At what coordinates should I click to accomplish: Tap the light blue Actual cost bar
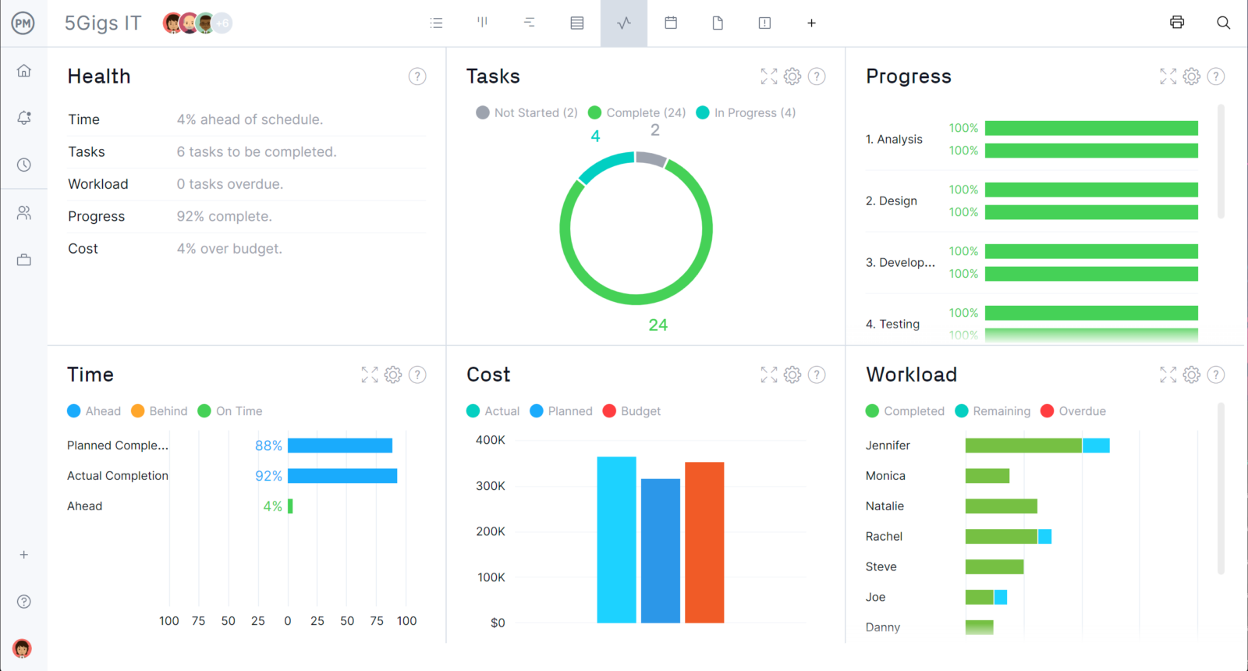[x=616, y=539]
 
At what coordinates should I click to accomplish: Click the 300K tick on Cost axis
[x=491, y=485]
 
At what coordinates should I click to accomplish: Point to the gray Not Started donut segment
[x=651, y=158]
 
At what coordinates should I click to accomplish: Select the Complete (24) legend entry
[x=637, y=112]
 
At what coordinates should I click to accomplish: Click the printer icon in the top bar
[x=1177, y=23]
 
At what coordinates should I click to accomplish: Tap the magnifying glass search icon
[x=1223, y=23]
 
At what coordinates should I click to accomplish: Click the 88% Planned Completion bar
[x=340, y=446]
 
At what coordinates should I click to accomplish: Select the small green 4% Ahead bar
[x=290, y=506]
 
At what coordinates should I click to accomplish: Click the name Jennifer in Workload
[x=888, y=446]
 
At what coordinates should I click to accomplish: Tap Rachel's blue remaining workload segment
[x=1044, y=537]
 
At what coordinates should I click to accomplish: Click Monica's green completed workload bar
[x=987, y=476]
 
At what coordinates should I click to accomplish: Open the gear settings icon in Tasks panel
[x=792, y=76]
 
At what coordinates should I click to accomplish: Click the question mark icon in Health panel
[x=417, y=76]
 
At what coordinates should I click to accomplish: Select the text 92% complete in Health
[x=224, y=216]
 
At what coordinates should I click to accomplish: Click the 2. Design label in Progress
[x=891, y=201]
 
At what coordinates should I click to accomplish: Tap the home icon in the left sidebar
[x=24, y=71]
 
